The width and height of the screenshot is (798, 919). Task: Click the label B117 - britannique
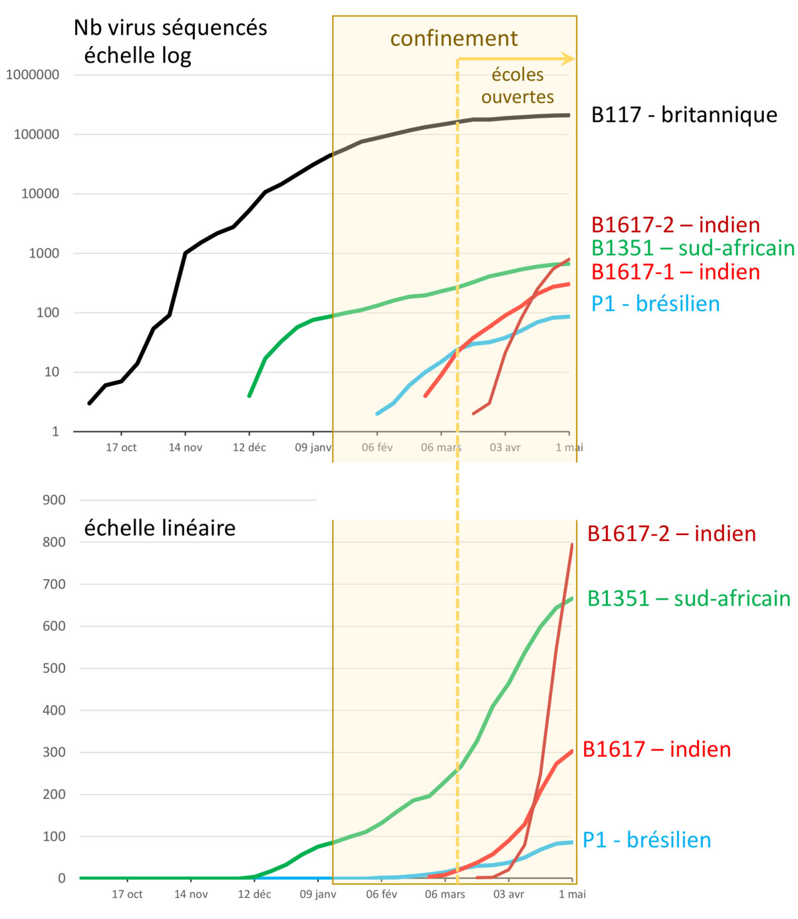pos(684,115)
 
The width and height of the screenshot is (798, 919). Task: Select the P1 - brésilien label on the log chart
pos(655,303)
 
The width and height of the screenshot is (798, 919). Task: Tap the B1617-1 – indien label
pos(675,272)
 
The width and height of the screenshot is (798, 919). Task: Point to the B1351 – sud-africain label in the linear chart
pos(688,598)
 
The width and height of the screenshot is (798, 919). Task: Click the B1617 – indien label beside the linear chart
pos(656,749)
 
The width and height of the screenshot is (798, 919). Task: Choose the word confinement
pos(454,39)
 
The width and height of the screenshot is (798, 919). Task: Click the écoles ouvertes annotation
pos(517,86)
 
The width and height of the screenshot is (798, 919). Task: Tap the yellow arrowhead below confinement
pos(567,59)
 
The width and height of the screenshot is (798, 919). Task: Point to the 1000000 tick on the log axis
pos(33,75)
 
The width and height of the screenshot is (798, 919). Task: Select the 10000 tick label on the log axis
pos(40,194)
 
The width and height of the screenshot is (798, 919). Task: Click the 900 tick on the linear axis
pos(54,500)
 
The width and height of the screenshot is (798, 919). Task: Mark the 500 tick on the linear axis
pos(54,668)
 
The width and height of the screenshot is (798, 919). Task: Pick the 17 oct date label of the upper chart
pos(121,448)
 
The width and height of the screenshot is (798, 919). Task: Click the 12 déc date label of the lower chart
pos(254,894)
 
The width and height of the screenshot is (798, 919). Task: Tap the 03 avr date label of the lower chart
pos(508,894)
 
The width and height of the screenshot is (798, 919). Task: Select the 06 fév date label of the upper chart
pos(377,448)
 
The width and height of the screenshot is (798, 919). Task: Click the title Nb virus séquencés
pos(170,28)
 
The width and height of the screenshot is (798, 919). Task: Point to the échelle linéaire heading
pos(160,528)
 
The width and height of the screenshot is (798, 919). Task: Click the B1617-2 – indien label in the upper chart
pos(675,225)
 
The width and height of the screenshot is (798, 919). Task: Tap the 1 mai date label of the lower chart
pos(572,894)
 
